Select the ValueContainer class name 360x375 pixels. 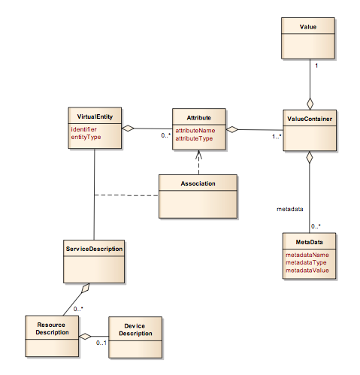tap(310, 118)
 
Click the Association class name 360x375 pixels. tap(198, 183)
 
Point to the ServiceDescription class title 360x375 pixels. tap(93, 247)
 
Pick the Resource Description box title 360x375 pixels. tap(52, 327)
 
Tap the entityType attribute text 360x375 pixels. tap(85, 138)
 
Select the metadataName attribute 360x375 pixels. tap(307, 255)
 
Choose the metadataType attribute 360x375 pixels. tap(306, 262)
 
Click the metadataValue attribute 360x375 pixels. tap(307, 270)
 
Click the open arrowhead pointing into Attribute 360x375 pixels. tap(198, 156)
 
